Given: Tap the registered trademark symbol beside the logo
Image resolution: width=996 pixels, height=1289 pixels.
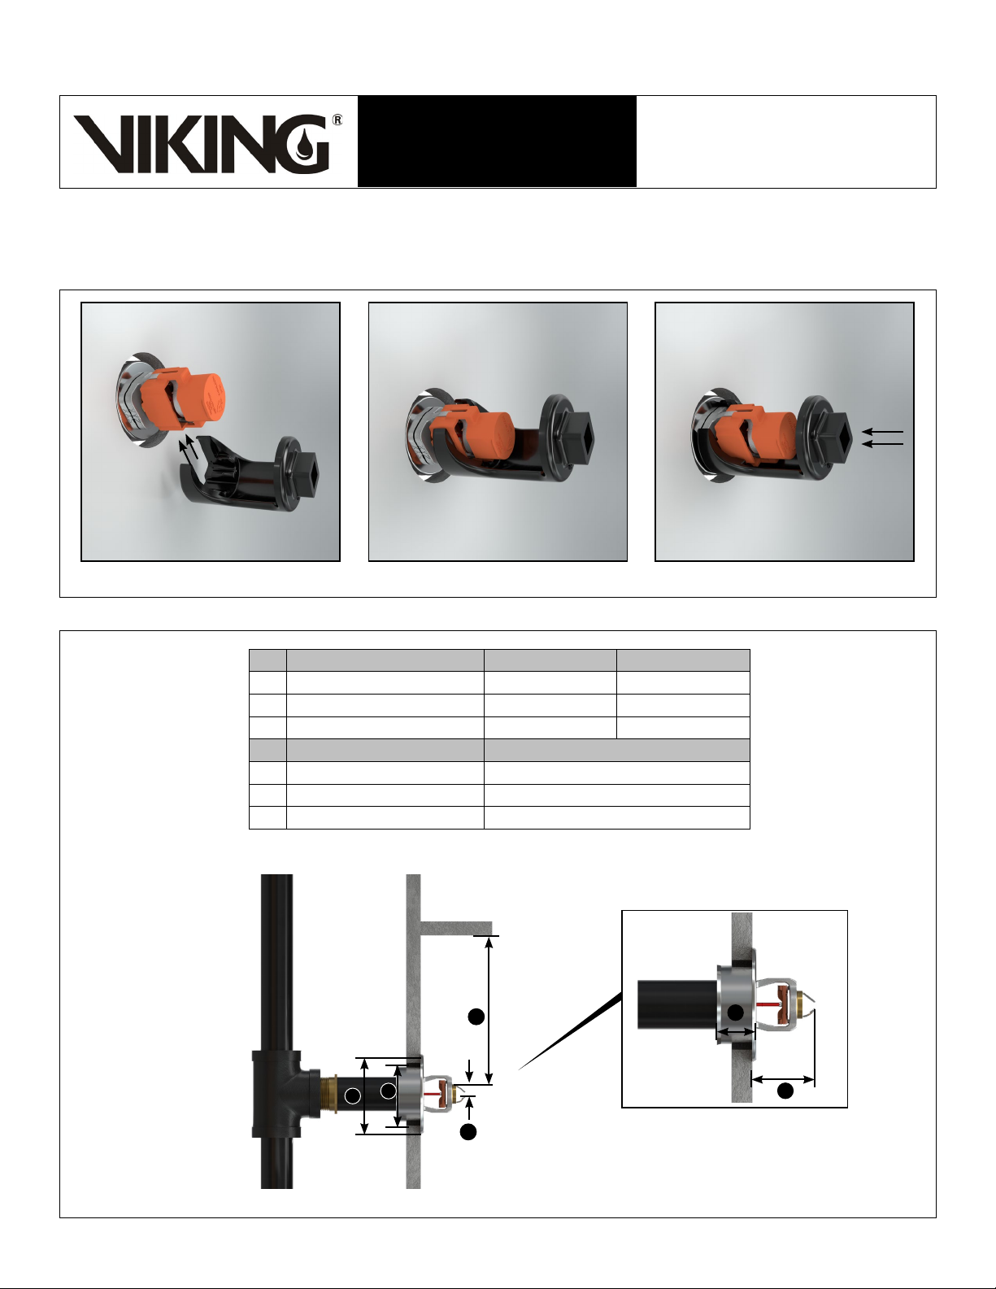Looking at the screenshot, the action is (337, 120).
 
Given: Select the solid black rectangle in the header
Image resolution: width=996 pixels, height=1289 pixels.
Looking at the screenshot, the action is (497, 142).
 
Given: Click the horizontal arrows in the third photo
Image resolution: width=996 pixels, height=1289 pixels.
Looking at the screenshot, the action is (883, 438).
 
